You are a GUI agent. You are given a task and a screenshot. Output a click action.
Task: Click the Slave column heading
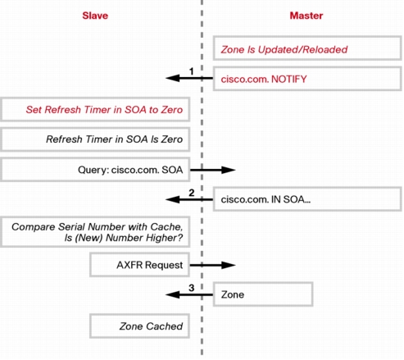point(95,16)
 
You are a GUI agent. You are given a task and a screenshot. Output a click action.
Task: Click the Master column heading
point(306,16)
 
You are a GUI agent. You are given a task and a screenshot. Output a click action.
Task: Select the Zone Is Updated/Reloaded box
point(307,48)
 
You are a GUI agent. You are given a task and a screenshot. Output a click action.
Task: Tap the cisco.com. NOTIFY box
point(307,79)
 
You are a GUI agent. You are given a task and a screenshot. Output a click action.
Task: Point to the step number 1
point(192,71)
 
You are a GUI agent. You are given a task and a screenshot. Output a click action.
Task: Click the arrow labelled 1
point(189,79)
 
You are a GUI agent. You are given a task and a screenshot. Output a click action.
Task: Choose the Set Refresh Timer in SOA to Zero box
point(95,109)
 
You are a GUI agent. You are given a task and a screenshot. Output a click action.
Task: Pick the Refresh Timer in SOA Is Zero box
point(95,139)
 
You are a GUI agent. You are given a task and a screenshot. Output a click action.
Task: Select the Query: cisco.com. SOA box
point(95,170)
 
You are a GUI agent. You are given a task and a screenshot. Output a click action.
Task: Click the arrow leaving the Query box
point(212,170)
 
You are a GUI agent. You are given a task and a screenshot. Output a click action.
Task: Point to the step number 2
point(192,193)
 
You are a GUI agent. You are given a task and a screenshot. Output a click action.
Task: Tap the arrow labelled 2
point(189,199)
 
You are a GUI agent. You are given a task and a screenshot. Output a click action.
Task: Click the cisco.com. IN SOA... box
point(307,199)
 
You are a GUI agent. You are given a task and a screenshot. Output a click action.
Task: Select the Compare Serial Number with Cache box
point(95,232)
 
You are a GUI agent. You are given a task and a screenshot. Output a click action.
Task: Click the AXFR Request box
point(139,265)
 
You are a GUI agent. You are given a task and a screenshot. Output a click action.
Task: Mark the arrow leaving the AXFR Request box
point(212,265)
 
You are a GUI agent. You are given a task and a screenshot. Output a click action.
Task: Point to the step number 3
point(192,288)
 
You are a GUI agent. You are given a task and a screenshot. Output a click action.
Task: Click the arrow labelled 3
point(189,294)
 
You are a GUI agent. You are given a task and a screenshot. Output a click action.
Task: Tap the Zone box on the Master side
point(263,294)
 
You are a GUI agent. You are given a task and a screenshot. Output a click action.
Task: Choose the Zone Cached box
point(139,326)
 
